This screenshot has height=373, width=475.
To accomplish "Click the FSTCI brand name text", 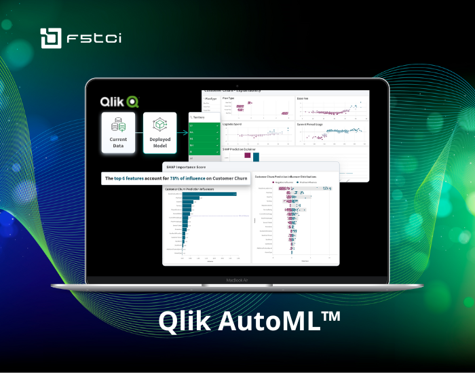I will pos(92,39).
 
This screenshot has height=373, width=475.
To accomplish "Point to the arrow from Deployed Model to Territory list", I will pos(182,133).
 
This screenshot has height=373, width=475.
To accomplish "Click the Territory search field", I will pos(204,117).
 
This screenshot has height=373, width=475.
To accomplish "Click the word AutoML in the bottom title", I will pos(265,321).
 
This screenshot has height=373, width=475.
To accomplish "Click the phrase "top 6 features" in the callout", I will pos(132,178).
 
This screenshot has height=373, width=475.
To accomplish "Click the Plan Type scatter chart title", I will pos(229,98).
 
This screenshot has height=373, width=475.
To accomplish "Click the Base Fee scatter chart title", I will pos(303,98).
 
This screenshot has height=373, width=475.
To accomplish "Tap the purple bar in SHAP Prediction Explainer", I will pos(248,156).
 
